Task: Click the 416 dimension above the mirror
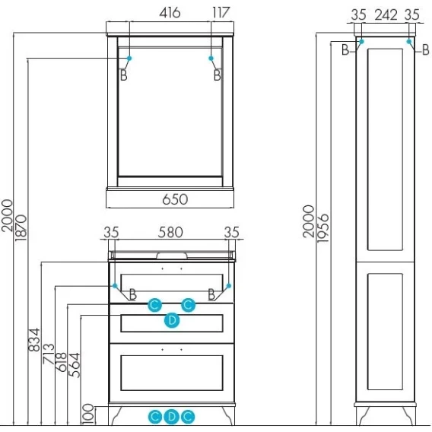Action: (170, 13)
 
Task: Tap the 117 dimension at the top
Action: (221, 13)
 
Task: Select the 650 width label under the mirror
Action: (175, 199)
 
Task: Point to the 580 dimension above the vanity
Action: (170, 232)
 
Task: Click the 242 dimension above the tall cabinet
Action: (386, 15)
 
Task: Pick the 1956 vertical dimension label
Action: (323, 228)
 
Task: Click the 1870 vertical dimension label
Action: (21, 228)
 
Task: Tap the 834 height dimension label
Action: (34, 340)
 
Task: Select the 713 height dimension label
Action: (49, 354)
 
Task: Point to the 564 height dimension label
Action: (75, 365)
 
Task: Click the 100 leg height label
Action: (88, 414)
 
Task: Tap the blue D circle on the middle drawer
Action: (172, 320)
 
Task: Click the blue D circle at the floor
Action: (171, 417)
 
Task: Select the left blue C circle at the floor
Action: (155, 417)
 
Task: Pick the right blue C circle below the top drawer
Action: (188, 305)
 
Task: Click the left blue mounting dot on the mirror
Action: (129, 58)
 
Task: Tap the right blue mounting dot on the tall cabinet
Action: (409, 41)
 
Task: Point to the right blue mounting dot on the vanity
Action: (228, 286)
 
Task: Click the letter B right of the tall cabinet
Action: (426, 50)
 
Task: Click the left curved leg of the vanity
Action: (115, 415)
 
